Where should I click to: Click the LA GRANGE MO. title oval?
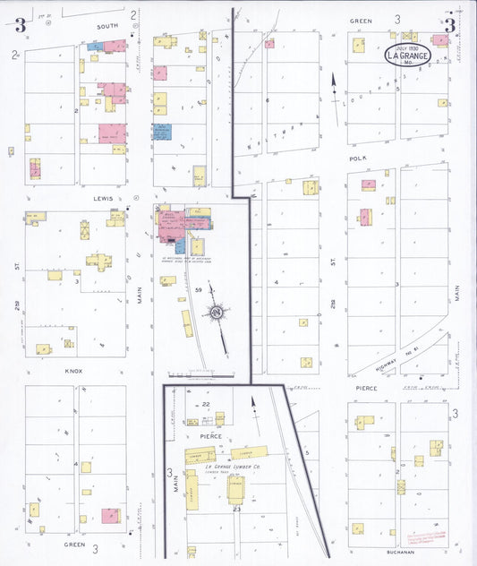point(409,56)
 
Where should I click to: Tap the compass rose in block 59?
point(216,312)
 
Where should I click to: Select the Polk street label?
point(360,156)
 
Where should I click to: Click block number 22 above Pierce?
point(206,405)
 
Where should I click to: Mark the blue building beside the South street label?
point(94,46)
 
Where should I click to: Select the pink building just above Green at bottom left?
point(110,515)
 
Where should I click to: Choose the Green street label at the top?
point(361,19)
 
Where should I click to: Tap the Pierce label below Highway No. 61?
point(367,389)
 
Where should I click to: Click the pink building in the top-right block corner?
point(439,40)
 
